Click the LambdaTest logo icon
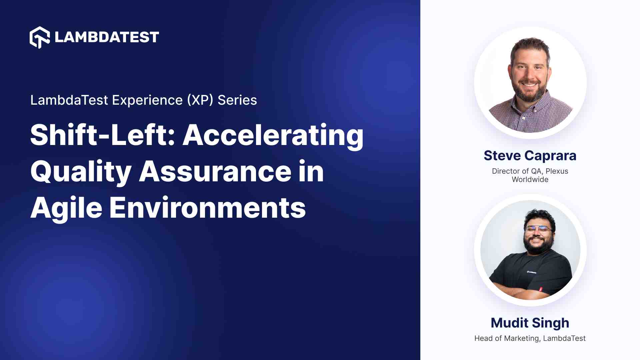[x=40, y=37]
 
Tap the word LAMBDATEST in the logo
[x=107, y=37]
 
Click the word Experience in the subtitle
[x=147, y=100]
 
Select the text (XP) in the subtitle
[x=200, y=100]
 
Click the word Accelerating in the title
[x=273, y=136]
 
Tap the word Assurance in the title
[x=215, y=171]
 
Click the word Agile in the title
[x=66, y=208]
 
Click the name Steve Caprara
[x=530, y=156]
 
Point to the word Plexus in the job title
[x=557, y=171]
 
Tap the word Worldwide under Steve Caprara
[x=530, y=180]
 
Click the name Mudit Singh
[x=530, y=323]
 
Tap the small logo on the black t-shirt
[x=531, y=272]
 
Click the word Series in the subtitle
[x=237, y=100]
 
